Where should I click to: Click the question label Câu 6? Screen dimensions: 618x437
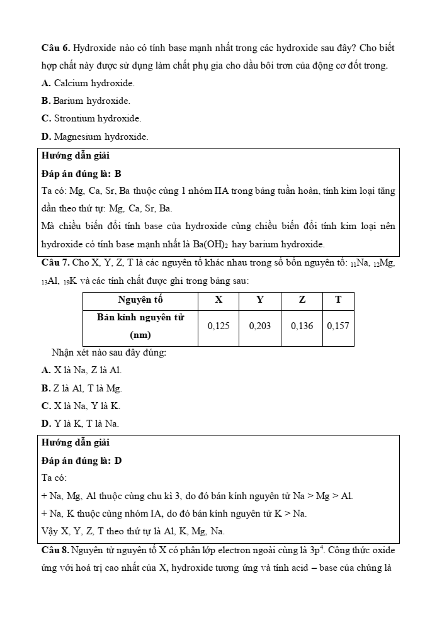(x=56, y=48)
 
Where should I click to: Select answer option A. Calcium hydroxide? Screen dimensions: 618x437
(x=88, y=82)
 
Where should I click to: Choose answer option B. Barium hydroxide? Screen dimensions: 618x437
(x=86, y=100)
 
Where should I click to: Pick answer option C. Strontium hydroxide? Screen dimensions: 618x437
(x=91, y=118)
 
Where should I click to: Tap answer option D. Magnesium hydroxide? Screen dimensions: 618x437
(x=94, y=136)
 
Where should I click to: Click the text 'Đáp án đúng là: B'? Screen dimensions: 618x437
(x=81, y=173)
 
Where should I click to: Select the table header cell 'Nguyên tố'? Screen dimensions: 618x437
(x=140, y=300)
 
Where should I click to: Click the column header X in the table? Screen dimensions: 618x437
(x=218, y=300)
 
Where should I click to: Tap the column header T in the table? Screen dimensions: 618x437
(x=338, y=300)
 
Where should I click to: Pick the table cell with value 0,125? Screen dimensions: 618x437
(x=218, y=326)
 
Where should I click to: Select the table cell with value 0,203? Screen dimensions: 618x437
(x=259, y=326)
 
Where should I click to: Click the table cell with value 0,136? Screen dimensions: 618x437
(x=302, y=326)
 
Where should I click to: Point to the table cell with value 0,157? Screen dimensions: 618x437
(x=338, y=326)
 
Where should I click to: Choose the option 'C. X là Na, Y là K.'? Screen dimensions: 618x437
(x=81, y=406)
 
